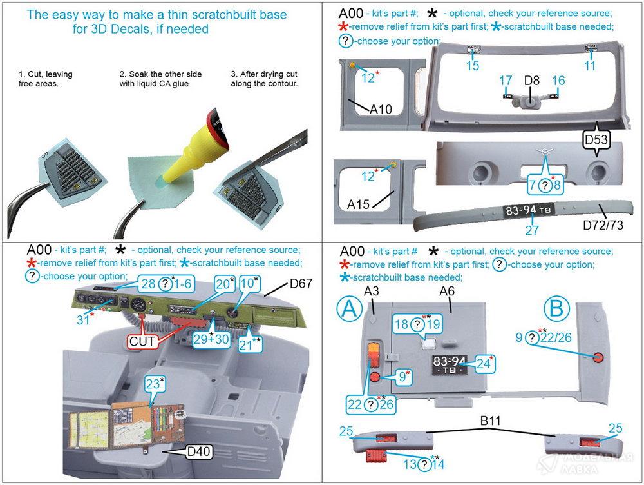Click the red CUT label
click(x=143, y=342)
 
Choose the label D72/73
click(x=603, y=225)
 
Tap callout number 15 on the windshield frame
click(x=473, y=65)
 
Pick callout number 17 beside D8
click(x=506, y=81)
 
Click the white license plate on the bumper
click(x=520, y=210)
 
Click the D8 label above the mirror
click(x=532, y=81)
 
